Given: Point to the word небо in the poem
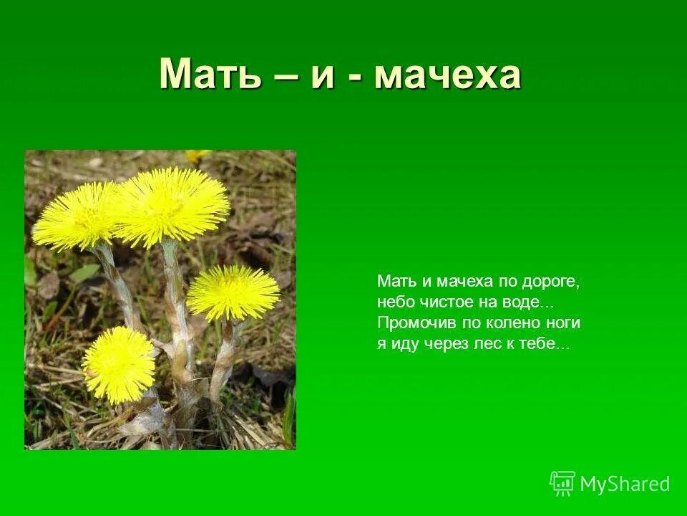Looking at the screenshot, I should pos(394,302).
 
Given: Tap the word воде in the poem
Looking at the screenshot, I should pos(530,302).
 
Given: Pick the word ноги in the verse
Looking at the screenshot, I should pos(563,323).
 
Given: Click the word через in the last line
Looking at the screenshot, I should pos(447,344).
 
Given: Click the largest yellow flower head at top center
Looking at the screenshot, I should pos(172,206).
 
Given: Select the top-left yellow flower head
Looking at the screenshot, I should pos(77,215).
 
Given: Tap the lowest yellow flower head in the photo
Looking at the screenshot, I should pos(118,364).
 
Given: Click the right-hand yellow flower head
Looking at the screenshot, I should pos(233,292).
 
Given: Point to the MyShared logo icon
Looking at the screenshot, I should pos(562,483).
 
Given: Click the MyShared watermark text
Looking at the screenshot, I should pos(625,484).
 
